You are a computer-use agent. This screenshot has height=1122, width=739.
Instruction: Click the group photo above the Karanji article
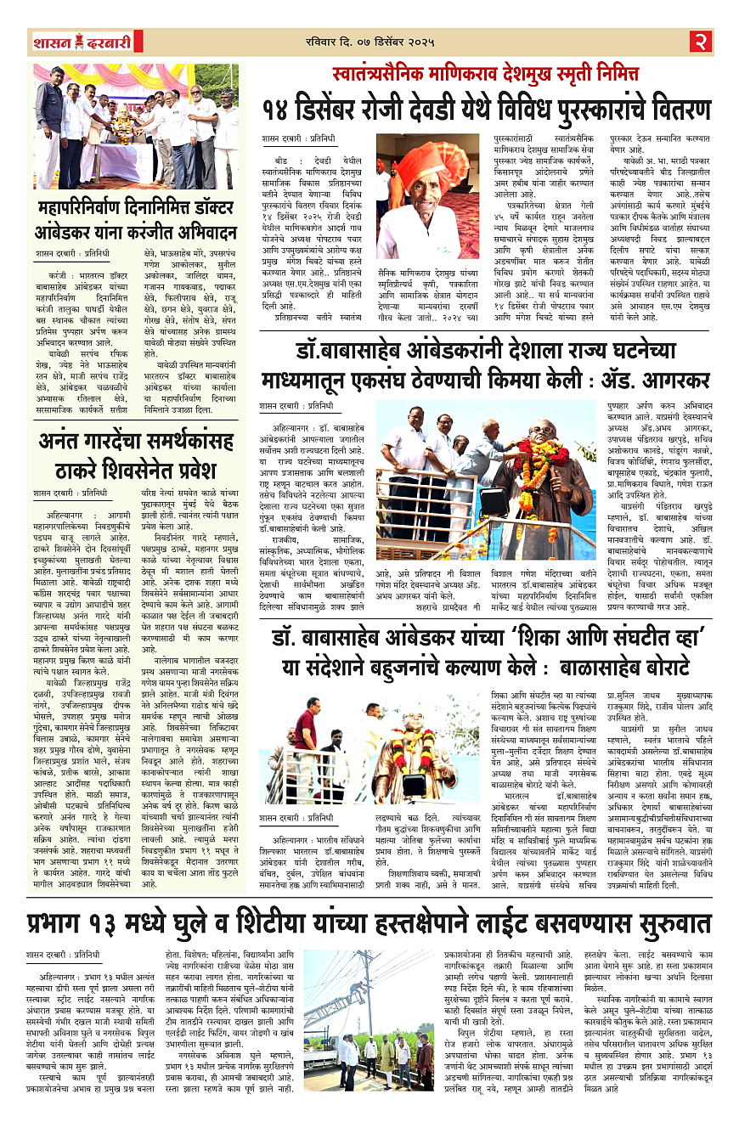pyautogui.click(x=136, y=127)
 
